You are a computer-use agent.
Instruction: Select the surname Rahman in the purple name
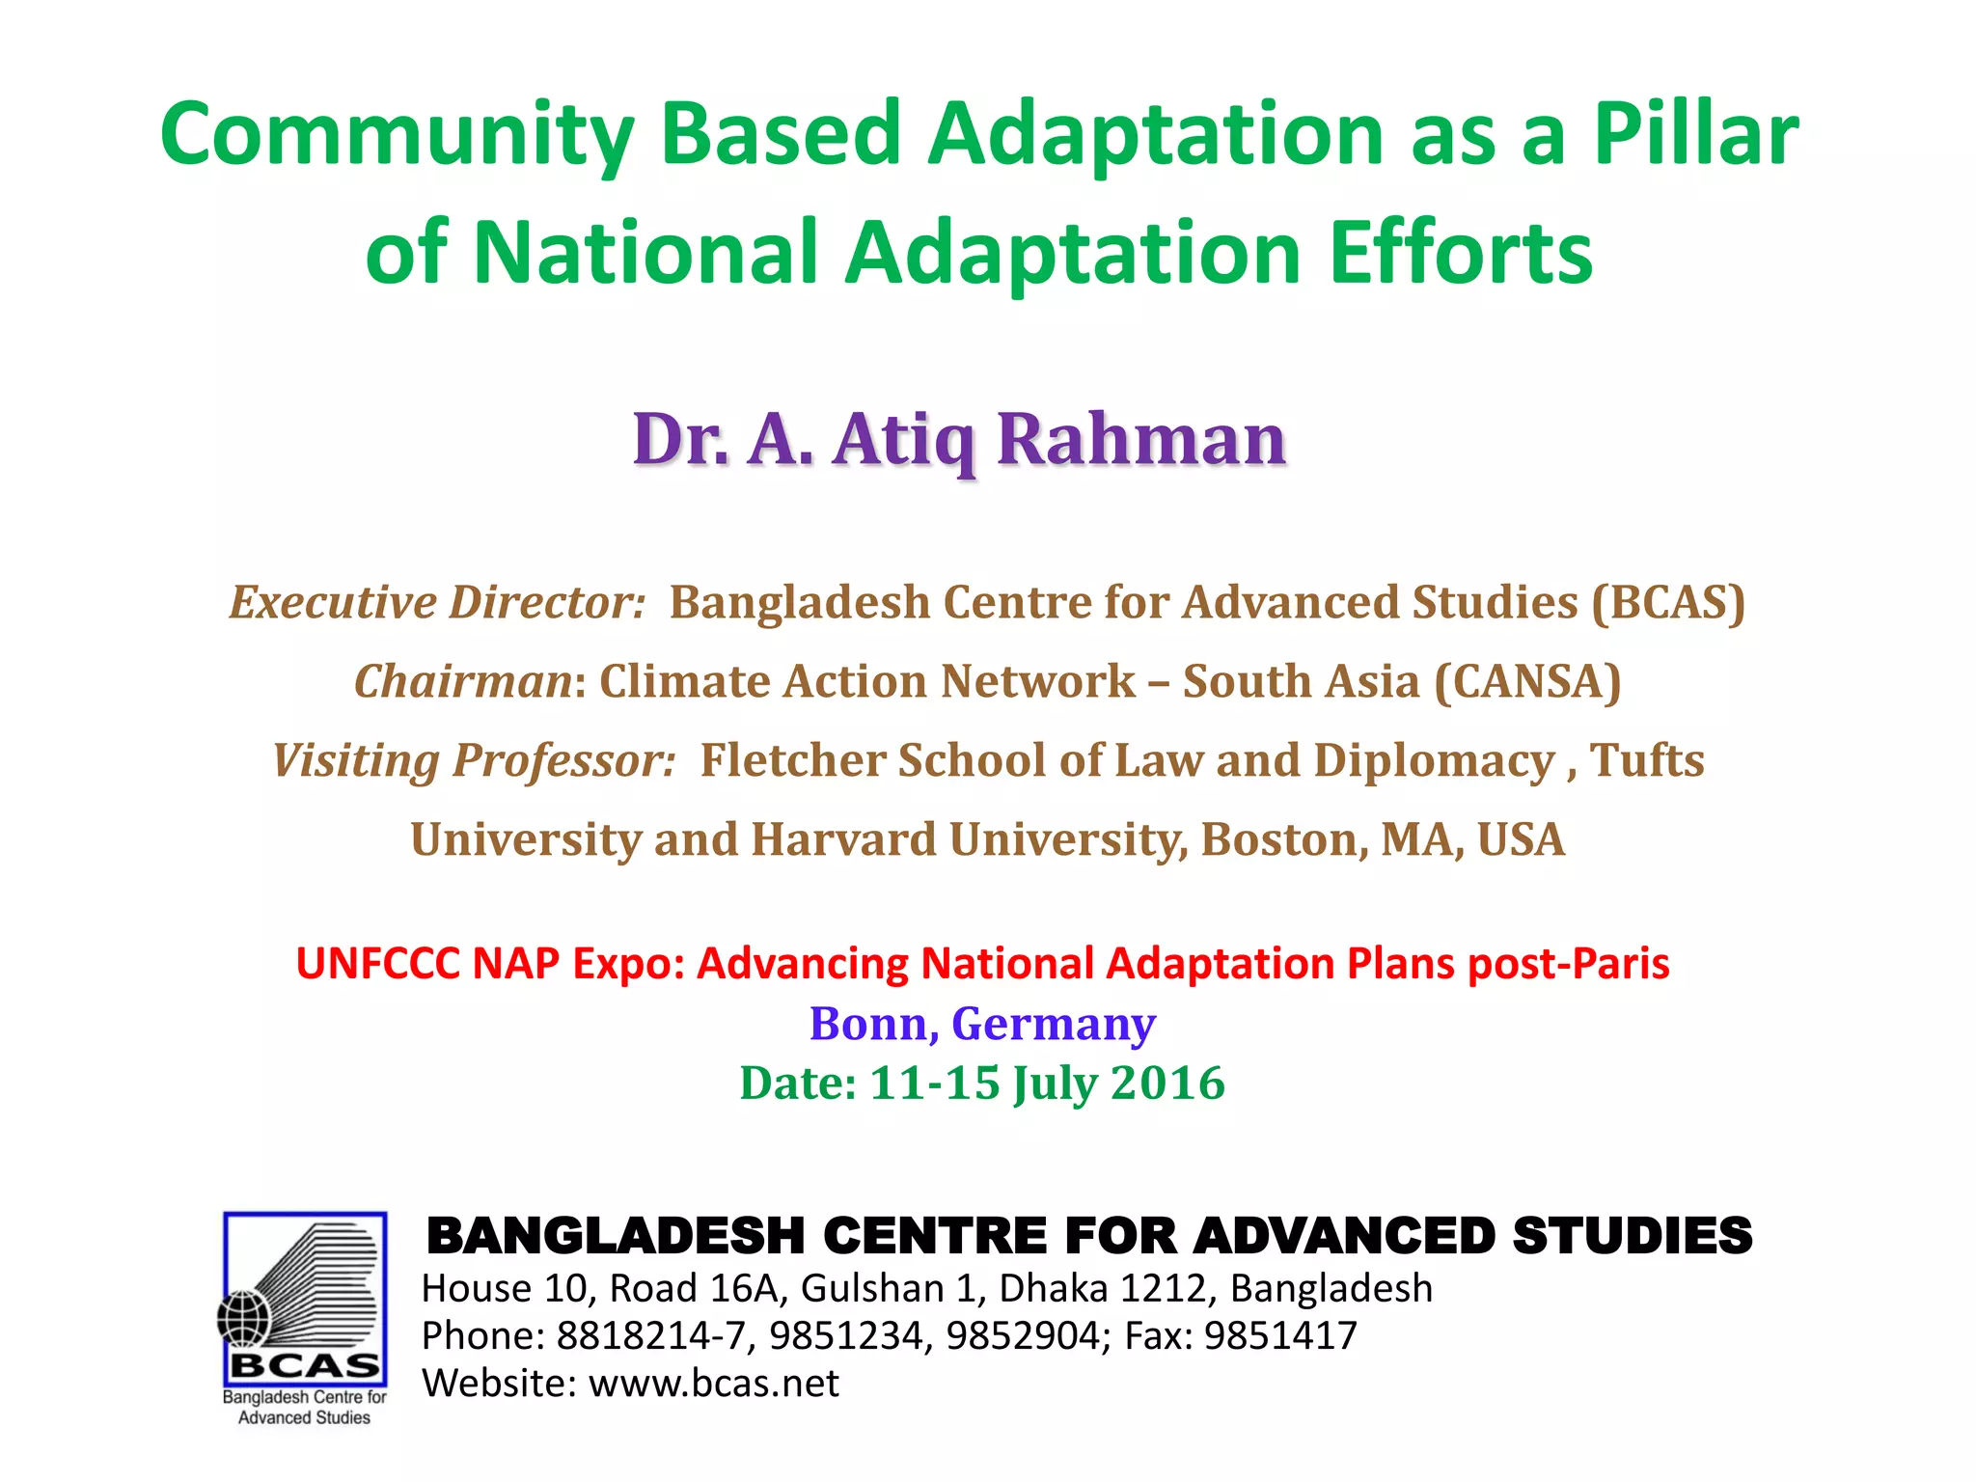[1141, 440]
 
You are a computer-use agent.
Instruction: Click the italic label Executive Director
[437, 603]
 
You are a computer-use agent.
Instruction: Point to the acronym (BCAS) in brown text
[1668, 603]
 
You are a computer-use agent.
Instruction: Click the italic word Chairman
[464, 681]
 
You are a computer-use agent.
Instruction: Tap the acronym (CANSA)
[1527, 681]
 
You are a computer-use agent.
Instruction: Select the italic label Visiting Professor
[474, 760]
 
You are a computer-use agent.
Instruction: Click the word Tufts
[1647, 760]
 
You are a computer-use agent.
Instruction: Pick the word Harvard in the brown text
[843, 839]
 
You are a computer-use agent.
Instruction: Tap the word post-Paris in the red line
[1569, 964]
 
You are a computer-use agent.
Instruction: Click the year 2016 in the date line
[1167, 1084]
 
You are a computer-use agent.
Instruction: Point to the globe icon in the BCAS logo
[245, 1318]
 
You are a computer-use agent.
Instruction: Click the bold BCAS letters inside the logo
[305, 1366]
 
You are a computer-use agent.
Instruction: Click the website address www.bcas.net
[714, 1384]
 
